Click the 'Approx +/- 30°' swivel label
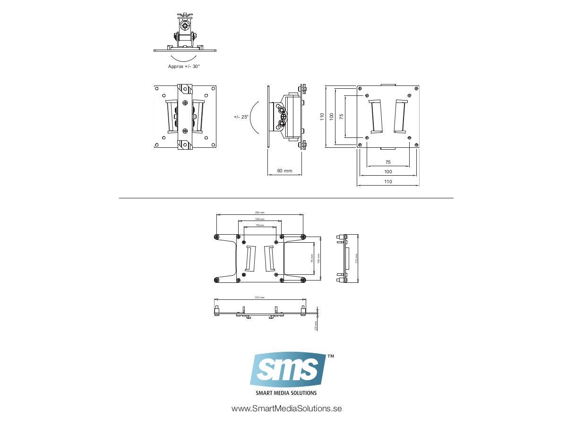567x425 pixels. tap(184, 67)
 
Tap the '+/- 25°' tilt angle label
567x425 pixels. tap(241, 117)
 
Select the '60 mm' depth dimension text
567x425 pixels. tap(284, 170)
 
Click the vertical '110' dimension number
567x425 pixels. tap(322, 116)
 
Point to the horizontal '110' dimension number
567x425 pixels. tap(388, 181)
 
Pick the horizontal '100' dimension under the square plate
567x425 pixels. tap(388, 171)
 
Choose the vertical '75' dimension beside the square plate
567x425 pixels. tap(341, 116)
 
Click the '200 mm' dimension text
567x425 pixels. tap(259, 213)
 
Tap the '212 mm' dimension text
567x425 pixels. tap(259, 297)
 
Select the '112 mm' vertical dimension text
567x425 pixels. tap(356, 258)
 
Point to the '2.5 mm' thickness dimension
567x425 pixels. tap(316, 326)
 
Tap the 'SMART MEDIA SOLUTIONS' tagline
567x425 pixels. tap(286, 393)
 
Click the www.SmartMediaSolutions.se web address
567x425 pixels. tap(286, 408)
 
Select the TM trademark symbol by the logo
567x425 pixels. tap(331, 357)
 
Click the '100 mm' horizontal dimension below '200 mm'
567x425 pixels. tap(259, 219)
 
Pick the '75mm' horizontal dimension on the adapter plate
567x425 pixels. tap(259, 226)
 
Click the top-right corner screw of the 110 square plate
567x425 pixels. tap(416, 88)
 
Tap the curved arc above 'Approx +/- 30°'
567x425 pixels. tap(184, 58)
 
